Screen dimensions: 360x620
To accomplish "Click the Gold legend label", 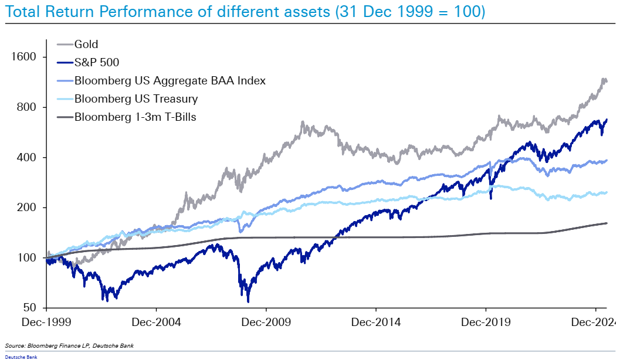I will point(86,44).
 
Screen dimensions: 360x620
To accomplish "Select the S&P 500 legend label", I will point(97,62).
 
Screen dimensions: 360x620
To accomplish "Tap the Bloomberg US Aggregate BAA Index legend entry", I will point(170,80).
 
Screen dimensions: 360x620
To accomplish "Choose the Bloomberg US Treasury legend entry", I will point(136,99).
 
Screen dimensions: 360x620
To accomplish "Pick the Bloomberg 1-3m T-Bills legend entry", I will point(135,117).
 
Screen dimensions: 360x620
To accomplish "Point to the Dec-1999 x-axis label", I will point(47,322).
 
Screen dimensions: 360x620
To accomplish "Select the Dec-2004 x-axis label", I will point(157,322).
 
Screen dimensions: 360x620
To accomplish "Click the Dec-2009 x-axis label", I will point(266,322).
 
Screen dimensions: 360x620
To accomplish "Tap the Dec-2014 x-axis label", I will point(376,322).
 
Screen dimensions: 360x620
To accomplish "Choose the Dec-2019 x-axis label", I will point(486,322).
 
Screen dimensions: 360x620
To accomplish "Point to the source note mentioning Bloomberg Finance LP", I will point(69,346).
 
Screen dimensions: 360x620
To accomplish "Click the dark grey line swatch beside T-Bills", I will point(65,117).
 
